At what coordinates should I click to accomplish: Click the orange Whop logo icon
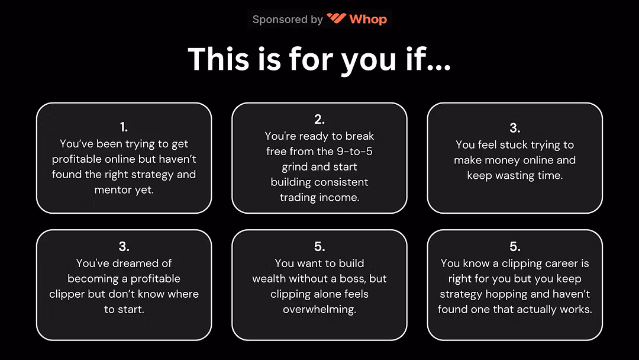pyautogui.click(x=336, y=18)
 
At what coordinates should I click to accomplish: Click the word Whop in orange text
pyautogui.click(x=368, y=19)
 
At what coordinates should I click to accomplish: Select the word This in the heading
pyautogui.click(x=218, y=59)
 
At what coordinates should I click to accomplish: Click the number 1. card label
pyautogui.click(x=124, y=127)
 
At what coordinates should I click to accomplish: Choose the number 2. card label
pyautogui.click(x=319, y=119)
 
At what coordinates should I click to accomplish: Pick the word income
pyautogui.click(x=340, y=198)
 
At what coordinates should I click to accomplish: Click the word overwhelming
pyautogui.click(x=319, y=310)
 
